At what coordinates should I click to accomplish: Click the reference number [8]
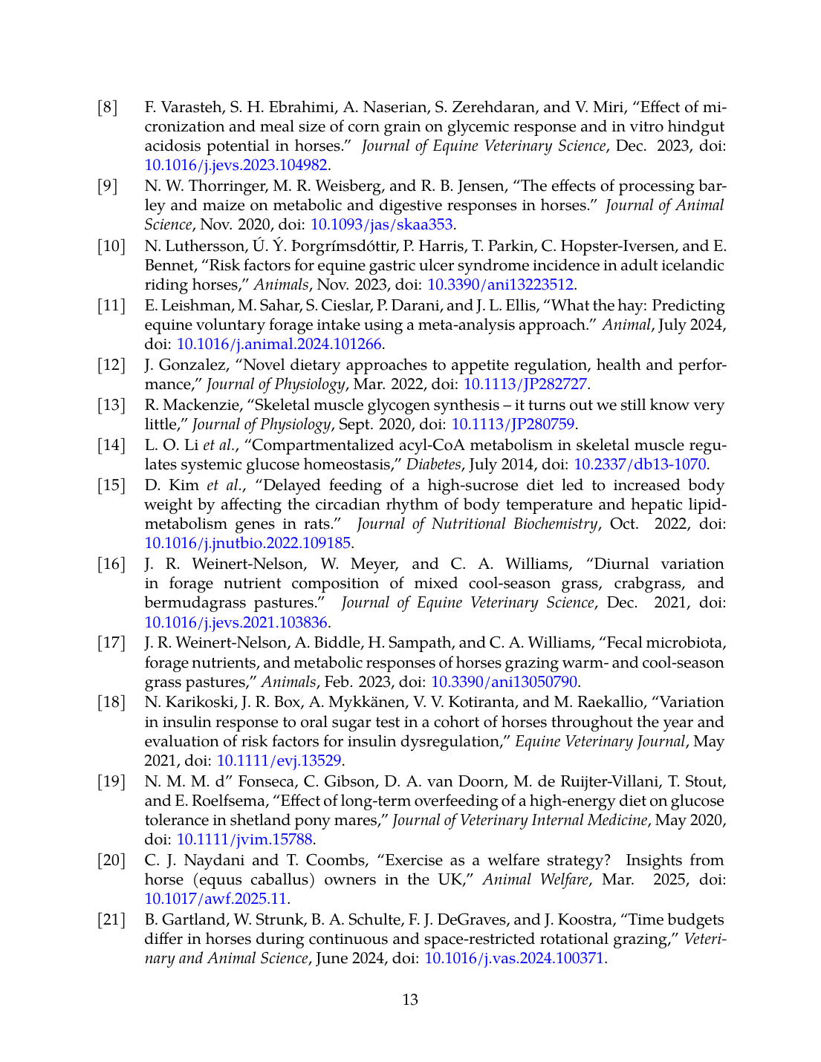[x=108, y=108]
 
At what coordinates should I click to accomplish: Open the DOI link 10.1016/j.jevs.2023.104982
[x=236, y=165]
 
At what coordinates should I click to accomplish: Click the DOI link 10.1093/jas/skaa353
[x=382, y=224]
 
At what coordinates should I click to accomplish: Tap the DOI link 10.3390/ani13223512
[x=500, y=284]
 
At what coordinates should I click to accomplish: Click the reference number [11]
[x=111, y=305]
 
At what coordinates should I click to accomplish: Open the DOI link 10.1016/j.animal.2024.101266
[x=279, y=344]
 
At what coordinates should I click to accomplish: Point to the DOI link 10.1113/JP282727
[x=525, y=384]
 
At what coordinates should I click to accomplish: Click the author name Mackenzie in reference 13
[x=195, y=405]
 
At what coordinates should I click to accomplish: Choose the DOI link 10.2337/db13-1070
[x=640, y=464]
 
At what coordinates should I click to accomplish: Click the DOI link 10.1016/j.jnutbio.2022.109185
[x=247, y=543]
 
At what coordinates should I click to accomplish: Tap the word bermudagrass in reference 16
[x=191, y=602]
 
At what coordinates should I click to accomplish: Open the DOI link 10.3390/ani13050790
[x=504, y=682]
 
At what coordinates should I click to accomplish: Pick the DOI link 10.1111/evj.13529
[x=279, y=760]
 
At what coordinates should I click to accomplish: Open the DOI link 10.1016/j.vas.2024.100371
[x=514, y=958]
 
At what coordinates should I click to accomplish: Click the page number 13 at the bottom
[x=410, y=1000]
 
